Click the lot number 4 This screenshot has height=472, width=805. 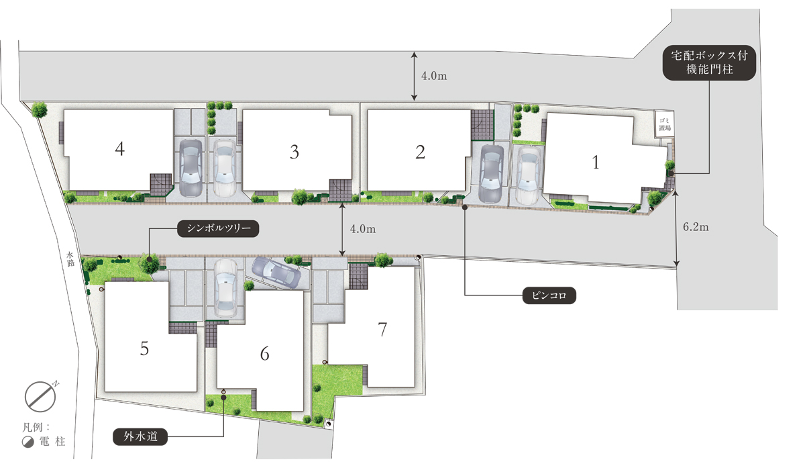pyautogui.click(x=119, y=149)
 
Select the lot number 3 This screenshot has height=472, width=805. pyautogui.click(x=294, y=152)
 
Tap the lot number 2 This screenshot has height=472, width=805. pyautogui.click(x=420, y=152)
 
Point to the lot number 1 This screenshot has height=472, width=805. pyautogui.click(x=596, y=162)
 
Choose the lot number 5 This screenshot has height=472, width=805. pyautogui.click(x=144, y=348)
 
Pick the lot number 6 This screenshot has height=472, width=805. pyautogui.click(x=264, y=354)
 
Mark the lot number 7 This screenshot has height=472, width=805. pyautogui.click(x=382, y=330)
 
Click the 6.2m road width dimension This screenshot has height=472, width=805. pyautogui.click(x=696, y=227)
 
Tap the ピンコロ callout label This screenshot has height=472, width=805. pyautogui.click(x=549, y=295)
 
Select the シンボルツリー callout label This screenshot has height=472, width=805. pyautogui.click(x=218, y=228)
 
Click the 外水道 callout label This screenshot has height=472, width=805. pyautogui.click(x=140, y=436)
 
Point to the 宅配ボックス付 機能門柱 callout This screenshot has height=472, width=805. pyautogui.click(x=710, y=62)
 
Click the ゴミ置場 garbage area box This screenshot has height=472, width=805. pyautogui.click(x=664, y=124)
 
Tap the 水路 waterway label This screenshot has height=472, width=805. pyautogui.click(x=70, y=259)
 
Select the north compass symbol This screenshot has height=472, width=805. pyautogui.click(x=41, y=396)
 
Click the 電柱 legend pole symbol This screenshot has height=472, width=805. pyautogui.click(x=28, y=442)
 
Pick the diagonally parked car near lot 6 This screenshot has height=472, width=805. pyautogui.click(x=276, y=273)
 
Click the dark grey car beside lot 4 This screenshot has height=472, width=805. pyautogui.click(x=191, y=168)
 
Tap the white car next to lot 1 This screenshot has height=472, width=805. pyautogui.click(x=529, y=175)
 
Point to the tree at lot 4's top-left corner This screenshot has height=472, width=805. pyautogui.click(x=39, y=109)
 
